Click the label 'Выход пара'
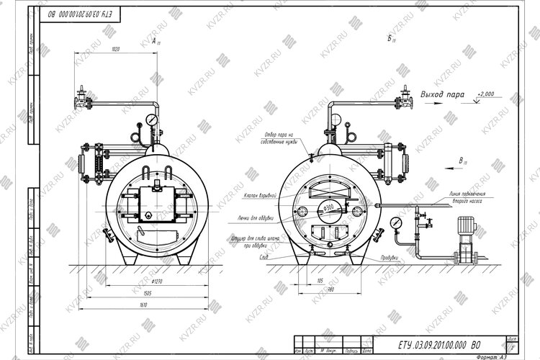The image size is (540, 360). point(441,94)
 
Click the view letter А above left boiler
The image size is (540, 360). point(155,42)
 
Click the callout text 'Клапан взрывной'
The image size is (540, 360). point(261,195)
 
